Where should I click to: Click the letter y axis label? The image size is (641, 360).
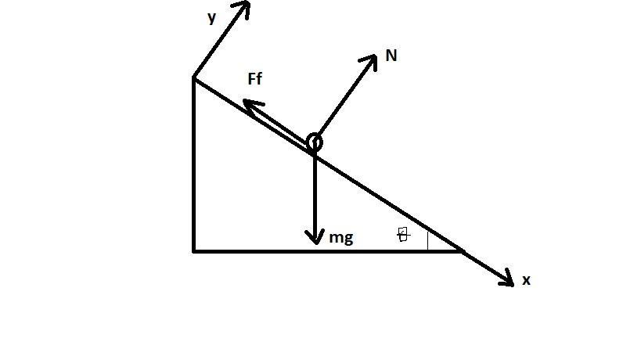[211, 18]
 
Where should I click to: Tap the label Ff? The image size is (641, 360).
[254, 79]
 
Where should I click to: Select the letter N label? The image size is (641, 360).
[392, 56]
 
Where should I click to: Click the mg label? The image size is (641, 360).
[340, 238]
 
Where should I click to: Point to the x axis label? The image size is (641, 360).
[526, 280]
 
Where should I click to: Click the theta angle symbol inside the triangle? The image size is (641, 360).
[403, 235]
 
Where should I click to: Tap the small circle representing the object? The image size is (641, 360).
[314, 142]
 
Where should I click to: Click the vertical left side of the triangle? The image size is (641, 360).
[194, 164]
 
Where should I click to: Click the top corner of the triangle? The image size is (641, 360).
[194, 77]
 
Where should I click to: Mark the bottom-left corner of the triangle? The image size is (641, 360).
[194, 251]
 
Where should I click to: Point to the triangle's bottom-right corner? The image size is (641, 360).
[463, 251]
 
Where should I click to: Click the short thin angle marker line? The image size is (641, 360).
[428, 239]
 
